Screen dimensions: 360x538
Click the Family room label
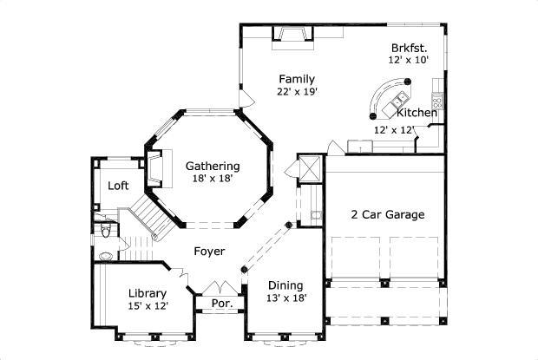tap(296, 79)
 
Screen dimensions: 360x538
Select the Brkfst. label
tap(406, 48)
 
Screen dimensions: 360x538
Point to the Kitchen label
tap(417, 113)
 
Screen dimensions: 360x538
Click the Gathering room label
tap(213, 166)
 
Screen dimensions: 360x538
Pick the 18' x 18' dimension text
tap(213, 180)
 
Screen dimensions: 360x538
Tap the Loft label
tap(119, 186)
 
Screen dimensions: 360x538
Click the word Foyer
tap(209, 252)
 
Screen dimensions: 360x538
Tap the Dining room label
tap(285, 285)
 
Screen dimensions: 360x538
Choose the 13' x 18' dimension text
tap(285, 298)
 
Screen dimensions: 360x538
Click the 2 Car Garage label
tap(387, 214)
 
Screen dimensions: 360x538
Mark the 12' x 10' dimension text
tap(406, 61)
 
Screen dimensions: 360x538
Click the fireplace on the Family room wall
tap(290, 35)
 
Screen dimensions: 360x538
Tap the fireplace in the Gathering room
tap(155, 167)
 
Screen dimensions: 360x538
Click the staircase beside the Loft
tap(148, 217)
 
